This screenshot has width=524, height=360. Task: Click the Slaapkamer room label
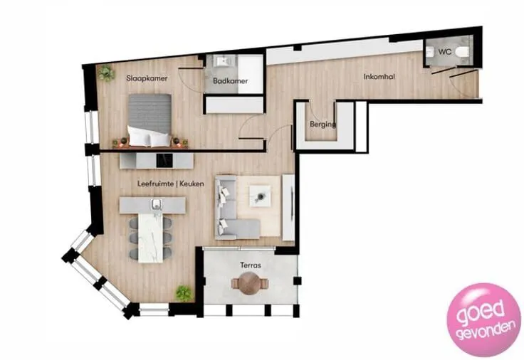point(147,78)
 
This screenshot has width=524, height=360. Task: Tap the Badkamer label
point(230,81)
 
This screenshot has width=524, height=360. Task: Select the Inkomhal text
point(379,76)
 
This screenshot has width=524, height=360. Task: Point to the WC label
point(444,52)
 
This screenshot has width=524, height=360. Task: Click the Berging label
point(323,125)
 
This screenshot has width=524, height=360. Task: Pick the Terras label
point(251,265)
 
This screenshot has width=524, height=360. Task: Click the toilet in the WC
point(462,52)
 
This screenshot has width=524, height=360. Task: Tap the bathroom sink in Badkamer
point(222,61)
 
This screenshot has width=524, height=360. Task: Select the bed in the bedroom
point(150,120)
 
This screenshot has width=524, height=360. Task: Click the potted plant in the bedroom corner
point(106,73)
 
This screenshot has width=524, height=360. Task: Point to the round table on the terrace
point(249,283)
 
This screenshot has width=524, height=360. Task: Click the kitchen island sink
point(156,204)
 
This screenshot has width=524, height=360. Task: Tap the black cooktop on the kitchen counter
point(164,161)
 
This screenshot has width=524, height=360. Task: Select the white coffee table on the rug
point(260,196)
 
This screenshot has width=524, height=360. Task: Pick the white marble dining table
point(150,238)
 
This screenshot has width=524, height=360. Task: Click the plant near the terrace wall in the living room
point(184,293)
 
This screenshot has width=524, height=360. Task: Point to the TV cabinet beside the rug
point(288,207)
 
